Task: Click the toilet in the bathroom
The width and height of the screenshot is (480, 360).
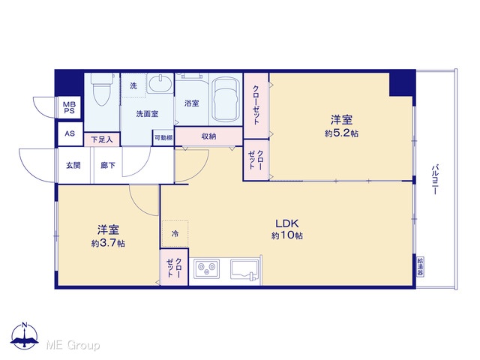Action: point(102,88)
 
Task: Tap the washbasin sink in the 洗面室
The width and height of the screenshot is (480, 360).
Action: point(160,83)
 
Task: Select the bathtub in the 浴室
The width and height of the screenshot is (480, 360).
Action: point(225,100)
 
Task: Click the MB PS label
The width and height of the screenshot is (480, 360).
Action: point(70,108)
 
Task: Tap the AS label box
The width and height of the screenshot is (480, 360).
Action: point(70,133)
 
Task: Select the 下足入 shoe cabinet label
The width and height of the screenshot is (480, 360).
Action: point(102,140)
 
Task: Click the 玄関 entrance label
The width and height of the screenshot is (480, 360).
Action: point(73,165)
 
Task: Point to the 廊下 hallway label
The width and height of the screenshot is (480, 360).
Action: point(108,165)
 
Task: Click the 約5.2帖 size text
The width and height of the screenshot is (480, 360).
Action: point(341,133)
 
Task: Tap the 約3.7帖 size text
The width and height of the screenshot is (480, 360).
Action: point(108,243)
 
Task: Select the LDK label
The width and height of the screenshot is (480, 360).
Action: point(287,223)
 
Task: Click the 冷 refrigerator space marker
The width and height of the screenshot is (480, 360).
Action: point(175,234)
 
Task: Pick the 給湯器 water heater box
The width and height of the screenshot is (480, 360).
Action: point(420,267)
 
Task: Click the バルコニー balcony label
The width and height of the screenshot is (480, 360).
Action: point(435,180)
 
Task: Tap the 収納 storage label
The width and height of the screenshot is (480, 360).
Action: point(208,136)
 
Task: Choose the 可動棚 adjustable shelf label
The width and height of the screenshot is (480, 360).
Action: point(163,138)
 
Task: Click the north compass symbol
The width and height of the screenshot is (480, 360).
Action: point(25,336)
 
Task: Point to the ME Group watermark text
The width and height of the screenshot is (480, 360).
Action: point(73,345)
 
